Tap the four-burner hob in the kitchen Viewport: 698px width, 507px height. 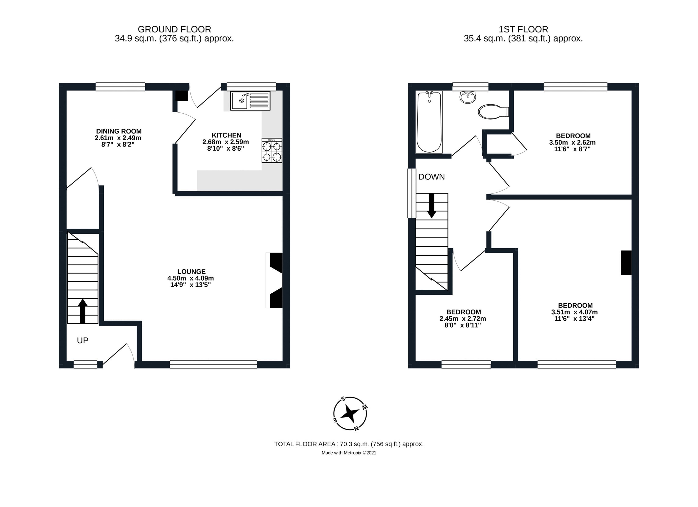(272, 150)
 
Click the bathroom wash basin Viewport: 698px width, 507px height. (468, 97)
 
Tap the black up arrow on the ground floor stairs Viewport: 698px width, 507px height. (82, 311)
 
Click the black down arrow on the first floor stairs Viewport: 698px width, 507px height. (431, 205)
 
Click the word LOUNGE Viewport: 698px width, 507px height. (191, 271)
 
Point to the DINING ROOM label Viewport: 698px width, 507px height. (119, 131)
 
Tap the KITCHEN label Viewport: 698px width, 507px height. (227, 135)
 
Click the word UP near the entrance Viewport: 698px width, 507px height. (82, 340)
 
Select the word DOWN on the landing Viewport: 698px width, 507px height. (431, 177)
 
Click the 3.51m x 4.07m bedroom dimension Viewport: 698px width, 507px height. (574, 312)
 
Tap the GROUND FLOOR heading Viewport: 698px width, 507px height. (174, 29)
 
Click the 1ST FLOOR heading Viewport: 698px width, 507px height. (523, 29)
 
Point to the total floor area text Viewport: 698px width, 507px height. (349, 444)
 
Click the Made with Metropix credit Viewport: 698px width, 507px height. (349, 452)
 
